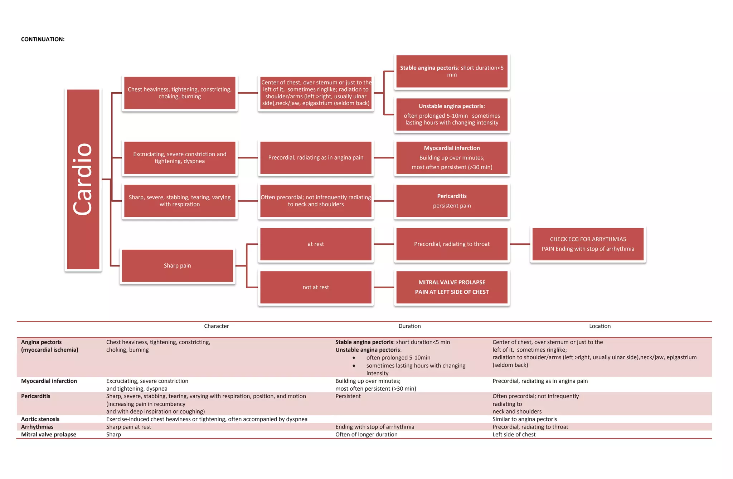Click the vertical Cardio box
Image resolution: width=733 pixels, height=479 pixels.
pyautogui.click(x=83, y=179)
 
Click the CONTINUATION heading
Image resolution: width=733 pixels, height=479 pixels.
pyautogui.click(x=43, y=39)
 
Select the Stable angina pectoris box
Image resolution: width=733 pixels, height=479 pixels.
pyautogui.click(x=452, y=71)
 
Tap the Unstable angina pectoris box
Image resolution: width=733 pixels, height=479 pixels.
pyautogui.click(x=452, y=114)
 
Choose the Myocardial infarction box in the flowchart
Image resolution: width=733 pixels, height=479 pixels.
pyautogui.click(x=452, y=158)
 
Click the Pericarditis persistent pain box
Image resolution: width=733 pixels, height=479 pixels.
pyautogui.click(x=452, y=201)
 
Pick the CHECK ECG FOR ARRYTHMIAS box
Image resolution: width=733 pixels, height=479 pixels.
pyautogui.click(x=588, y=244)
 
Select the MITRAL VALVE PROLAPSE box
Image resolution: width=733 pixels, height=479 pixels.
pyautogui.click(x=452, y=287)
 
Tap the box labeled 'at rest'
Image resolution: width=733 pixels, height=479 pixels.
pyautogui.click(x=316, y=244)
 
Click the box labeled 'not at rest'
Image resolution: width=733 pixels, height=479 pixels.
pyautogui.click(x=316, y=287)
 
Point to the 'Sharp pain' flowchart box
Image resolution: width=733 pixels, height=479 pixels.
pyautogui.click(x=177, y=266)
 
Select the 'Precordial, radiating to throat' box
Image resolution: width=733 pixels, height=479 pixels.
pyautogui.click(x=452, y=244)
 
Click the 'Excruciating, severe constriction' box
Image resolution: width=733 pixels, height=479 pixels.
pyautogui.click(x=180, y=158)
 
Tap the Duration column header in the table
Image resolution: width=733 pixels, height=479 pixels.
pyautogui.click(x=409, y=326)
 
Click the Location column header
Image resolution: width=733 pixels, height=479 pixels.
pyautogui.click(x=599, y=326)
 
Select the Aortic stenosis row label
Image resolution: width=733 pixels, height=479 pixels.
pyautogui.click(x=40, y=419)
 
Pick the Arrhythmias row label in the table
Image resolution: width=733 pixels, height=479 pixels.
pyautogui.click(x=37, y=427)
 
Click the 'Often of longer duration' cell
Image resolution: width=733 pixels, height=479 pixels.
pyautogui.click(x=366, y=435)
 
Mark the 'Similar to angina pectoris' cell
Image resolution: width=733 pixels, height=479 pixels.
pyautogui.click(x=524, y=419)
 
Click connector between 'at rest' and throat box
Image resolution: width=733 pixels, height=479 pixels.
pyautogui.click(x=384, y=244)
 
